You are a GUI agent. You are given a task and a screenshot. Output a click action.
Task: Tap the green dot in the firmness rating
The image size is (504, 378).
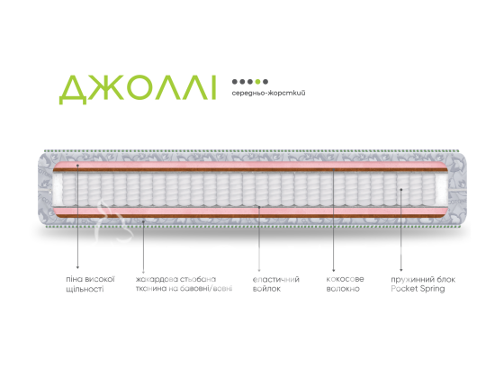(x=257, y=82)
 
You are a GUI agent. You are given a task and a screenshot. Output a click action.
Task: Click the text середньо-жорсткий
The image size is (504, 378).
(x=268, y=94)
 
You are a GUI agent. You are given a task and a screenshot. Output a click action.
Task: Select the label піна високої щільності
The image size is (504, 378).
(x=90, y=283)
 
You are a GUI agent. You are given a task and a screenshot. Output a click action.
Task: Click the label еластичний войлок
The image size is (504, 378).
(x=275, y=283)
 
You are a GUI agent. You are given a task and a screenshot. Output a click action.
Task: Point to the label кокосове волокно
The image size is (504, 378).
(x=345, y=283)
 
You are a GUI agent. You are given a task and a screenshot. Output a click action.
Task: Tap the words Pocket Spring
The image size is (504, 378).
(x=418, y=289)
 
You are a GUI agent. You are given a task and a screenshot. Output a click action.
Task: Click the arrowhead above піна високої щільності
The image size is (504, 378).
(x=77, y=267)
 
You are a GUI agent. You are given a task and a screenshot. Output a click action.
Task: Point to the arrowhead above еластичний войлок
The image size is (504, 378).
(x=259, y=270)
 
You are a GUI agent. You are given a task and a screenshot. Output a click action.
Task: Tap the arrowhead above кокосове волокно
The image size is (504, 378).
(x=334, y=270)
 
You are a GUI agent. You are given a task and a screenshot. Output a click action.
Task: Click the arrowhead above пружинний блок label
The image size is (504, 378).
(x=400, y=270)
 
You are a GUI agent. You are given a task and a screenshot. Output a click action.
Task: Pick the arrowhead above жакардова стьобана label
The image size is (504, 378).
(x=143, y=272)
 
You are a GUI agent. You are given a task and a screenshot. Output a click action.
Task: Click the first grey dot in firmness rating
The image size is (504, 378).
(x=235, y=82)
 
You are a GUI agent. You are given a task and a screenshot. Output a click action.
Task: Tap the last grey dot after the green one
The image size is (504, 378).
(x=265, y=82)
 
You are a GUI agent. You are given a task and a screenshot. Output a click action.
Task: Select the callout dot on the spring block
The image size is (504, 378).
(x=401, y=190)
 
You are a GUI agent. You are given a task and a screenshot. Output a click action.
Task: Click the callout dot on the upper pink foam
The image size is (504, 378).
(x=77, y=166)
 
